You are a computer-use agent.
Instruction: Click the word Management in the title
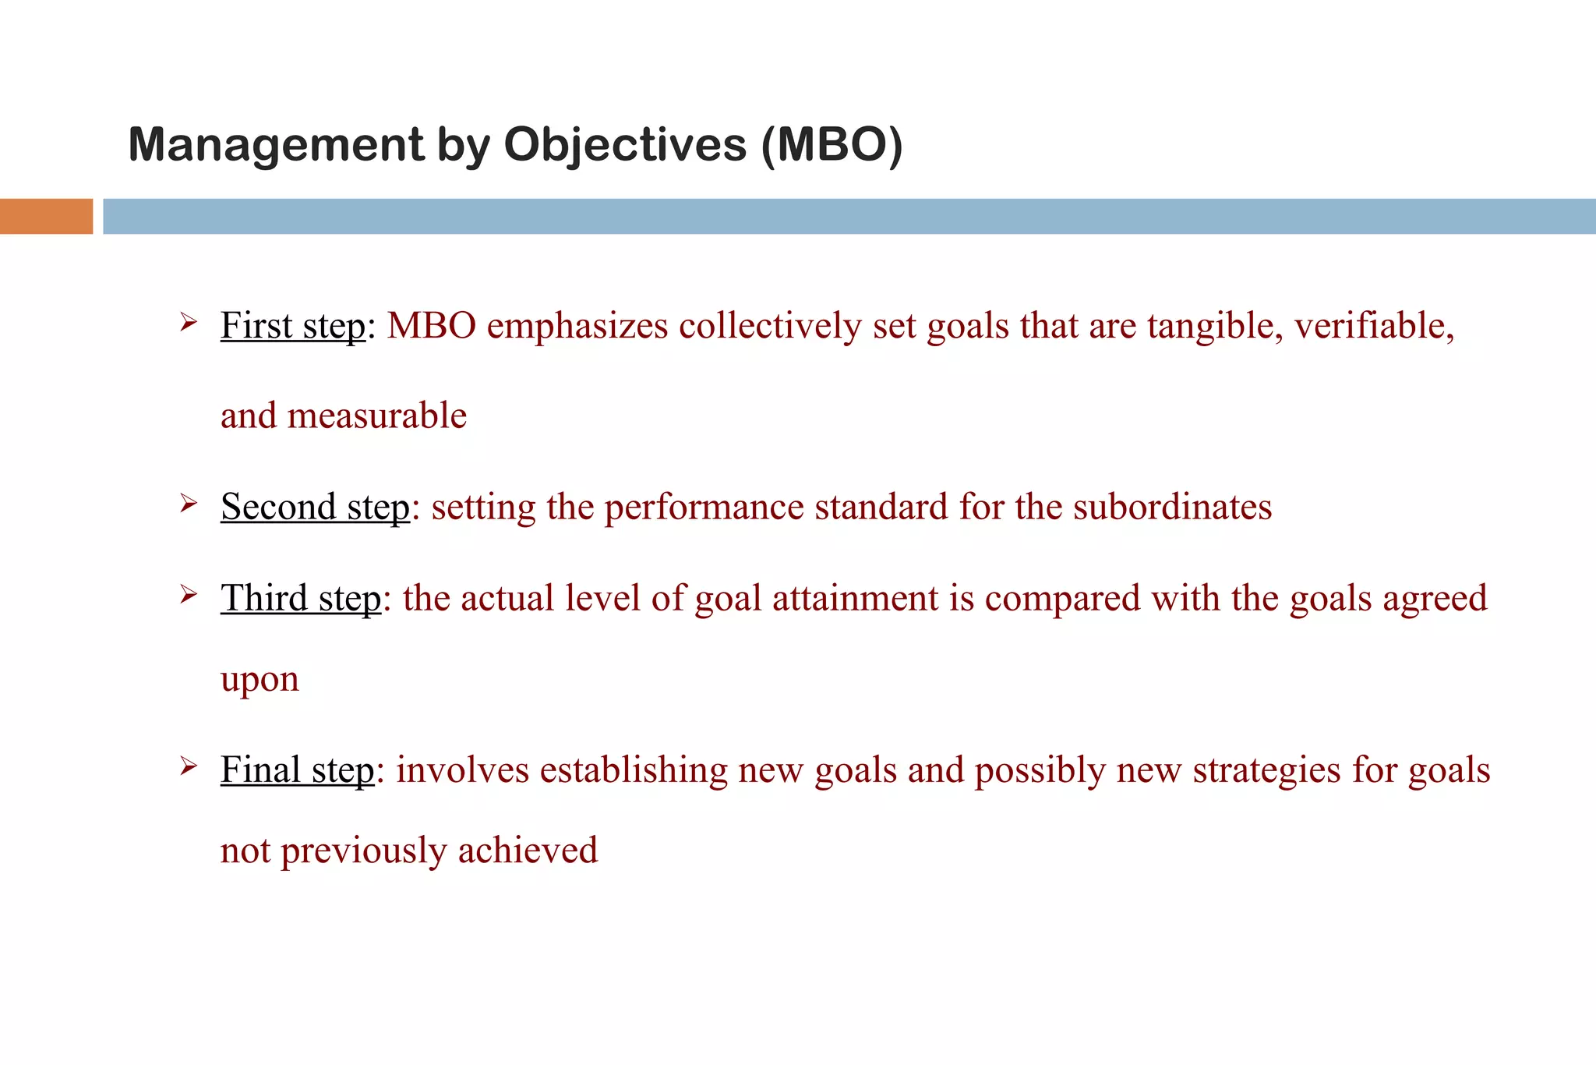[276, 146]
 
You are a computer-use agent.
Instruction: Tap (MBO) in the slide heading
[832, 146]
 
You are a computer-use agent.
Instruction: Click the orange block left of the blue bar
[46, 216]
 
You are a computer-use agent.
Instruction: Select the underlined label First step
[293, 326]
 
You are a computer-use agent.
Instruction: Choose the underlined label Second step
[315, 508]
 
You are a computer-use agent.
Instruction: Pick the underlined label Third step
[301, 599]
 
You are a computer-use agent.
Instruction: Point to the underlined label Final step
[298, 770]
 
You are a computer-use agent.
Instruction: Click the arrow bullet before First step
[188, 321]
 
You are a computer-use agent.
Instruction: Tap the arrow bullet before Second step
[188, 503]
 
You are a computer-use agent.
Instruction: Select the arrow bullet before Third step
[188, 595]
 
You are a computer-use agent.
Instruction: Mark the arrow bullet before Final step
[188, 766]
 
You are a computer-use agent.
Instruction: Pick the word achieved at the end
[528, 851]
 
